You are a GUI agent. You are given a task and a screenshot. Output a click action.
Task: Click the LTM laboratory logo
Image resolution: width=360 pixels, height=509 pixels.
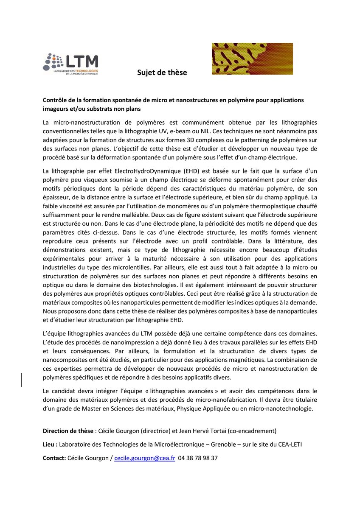[x=70, y=62]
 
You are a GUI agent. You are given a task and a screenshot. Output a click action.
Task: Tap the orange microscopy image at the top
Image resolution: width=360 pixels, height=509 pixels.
[x=252, y=59]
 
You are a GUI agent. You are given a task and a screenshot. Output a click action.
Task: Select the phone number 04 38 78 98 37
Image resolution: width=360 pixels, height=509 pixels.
[x=198, y=458]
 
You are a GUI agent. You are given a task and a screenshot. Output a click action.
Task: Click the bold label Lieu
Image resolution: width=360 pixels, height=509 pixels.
[x=50, y=445]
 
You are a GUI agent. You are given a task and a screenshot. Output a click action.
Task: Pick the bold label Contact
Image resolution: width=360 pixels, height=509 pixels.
[x=54, y=458]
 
